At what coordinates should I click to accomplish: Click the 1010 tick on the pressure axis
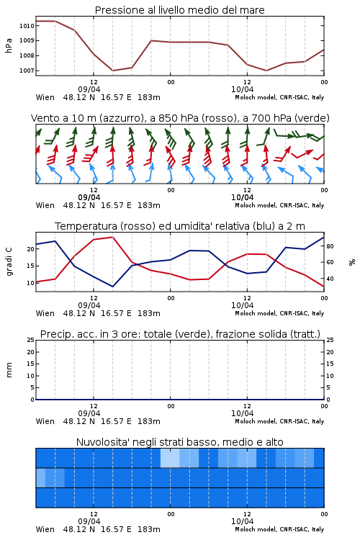click(27, 25)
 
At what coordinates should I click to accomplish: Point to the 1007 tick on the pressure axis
click(27, 71)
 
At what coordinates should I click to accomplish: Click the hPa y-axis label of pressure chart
click(9, 45)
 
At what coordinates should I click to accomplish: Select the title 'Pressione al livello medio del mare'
click(180, 10)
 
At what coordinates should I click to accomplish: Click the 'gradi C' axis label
click(9, 261)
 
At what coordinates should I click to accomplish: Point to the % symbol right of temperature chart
click(352, 262)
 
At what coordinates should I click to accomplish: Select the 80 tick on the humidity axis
click(330, 246)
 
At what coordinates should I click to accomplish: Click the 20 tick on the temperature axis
click(31, 249)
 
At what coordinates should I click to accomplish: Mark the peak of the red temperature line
click(112, 237)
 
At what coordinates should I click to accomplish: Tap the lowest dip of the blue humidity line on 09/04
click(112, 287)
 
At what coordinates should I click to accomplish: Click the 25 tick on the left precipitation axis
click(31, 340)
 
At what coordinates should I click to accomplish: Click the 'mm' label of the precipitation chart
click(9, 370)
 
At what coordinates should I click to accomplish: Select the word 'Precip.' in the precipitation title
click(53, 334)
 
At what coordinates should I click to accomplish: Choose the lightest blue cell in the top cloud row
click(170, 458)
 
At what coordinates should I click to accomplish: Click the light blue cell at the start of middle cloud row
click(40, 477)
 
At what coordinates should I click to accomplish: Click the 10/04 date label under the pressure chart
click(242, 89)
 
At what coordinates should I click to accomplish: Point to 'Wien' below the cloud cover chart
click(45, 529)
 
